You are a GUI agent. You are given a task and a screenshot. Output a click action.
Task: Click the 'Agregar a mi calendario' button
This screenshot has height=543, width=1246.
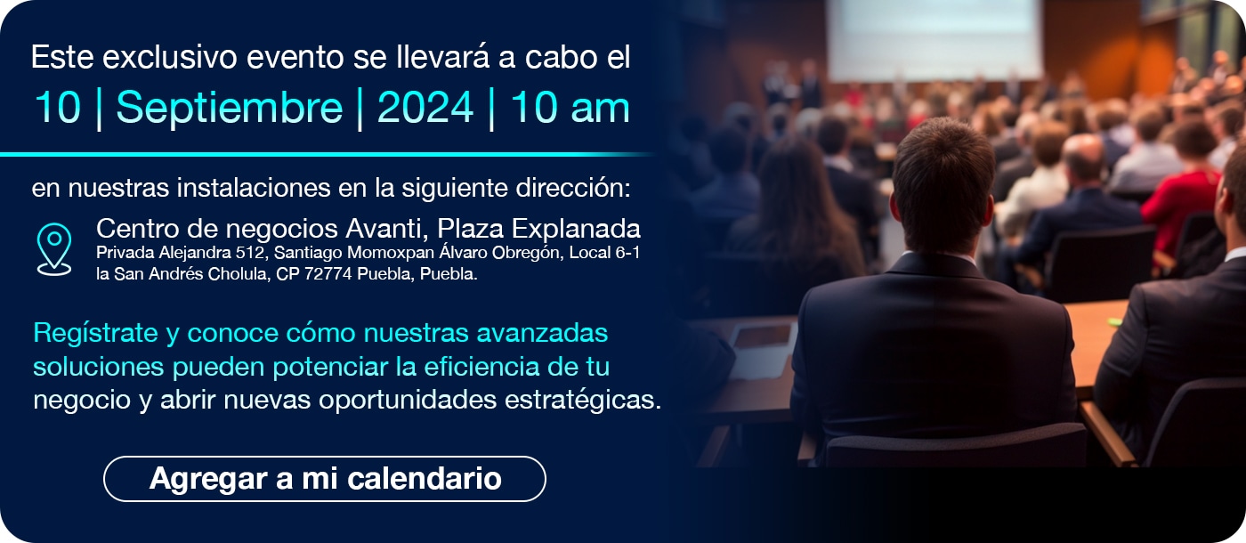324,479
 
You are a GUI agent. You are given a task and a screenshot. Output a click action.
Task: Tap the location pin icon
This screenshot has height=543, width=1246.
54,250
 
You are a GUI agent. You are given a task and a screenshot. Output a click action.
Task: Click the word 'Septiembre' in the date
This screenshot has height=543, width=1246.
230,109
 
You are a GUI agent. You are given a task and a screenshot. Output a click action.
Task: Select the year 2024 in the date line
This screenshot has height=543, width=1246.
425,108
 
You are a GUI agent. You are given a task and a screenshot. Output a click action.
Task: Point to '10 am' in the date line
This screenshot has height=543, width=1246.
570,108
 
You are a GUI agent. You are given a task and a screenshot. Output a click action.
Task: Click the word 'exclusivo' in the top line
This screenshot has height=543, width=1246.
170,57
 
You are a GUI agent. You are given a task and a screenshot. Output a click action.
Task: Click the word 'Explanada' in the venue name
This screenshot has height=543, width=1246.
576,229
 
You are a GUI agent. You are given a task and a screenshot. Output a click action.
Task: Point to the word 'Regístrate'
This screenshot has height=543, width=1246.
95,334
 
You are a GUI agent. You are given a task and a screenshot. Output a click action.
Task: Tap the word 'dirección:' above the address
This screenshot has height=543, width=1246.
573,188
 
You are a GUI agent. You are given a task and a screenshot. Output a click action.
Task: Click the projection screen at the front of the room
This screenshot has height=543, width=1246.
934,39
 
